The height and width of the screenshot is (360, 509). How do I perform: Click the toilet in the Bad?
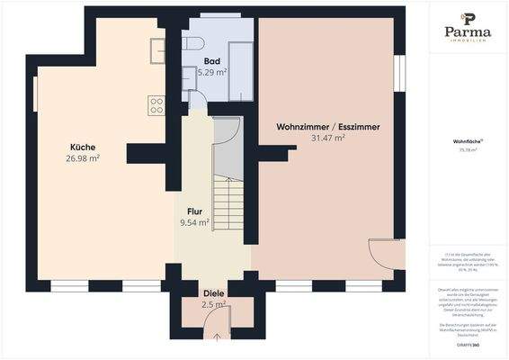pos(192,43)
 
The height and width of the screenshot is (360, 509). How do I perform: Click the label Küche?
pos(83,147)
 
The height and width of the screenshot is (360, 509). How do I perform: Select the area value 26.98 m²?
pos(83,158)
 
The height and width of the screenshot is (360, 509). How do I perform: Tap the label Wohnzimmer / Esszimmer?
pos(327,128)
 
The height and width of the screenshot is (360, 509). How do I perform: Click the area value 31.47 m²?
pos(327,139)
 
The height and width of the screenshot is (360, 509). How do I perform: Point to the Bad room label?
pos(212,60)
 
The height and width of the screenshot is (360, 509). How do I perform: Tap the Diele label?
pos(214,294)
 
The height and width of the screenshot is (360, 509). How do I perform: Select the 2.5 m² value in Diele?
pos(214,305)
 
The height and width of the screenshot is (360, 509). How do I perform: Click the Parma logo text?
pos(468,32)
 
